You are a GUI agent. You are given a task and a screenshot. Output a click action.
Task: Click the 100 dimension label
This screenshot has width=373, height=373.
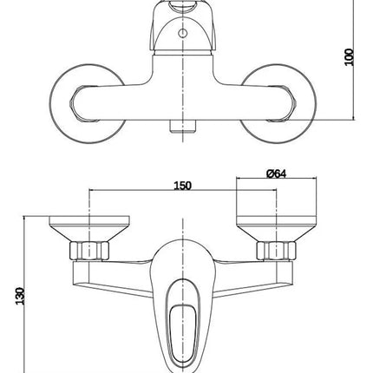click(350, 57)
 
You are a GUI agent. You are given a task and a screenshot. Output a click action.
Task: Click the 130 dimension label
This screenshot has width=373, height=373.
click(20, 296)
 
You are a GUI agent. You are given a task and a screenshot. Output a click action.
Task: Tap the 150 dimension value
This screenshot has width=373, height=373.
click(182, 186)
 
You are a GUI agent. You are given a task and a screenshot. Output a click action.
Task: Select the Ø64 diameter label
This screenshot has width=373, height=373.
click(276, 173)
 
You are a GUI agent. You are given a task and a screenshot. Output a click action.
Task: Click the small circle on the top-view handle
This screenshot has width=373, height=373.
click(182, 33)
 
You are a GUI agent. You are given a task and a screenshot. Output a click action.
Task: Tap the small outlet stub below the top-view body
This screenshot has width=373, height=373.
click(183, 126)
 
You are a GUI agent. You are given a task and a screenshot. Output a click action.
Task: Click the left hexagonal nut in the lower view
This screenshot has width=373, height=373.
click(89, 250)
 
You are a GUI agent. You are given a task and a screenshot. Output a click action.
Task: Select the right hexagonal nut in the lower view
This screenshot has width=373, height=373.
click(277, 250)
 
